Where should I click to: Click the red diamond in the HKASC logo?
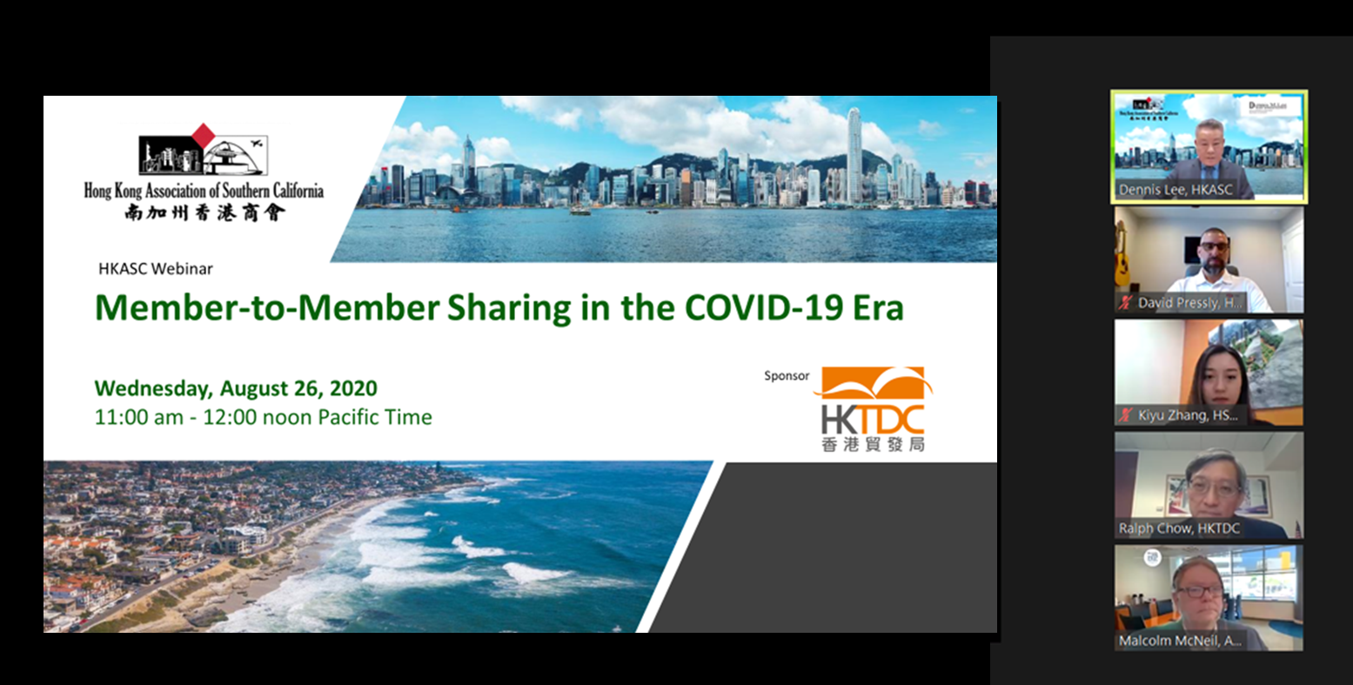(x=203, y=135)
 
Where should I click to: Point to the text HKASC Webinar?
(x=156, y=269)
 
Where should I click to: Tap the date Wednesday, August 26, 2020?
(x=236, y=388)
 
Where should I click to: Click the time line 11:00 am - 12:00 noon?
(x=263, y=417)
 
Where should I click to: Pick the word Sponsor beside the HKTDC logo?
(x=787, y=376)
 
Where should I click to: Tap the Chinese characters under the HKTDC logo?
(x=872, y=445)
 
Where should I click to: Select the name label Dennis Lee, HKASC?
(x=1176, y=190)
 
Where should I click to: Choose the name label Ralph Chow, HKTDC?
(x=1179, y=528)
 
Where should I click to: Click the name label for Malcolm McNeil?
(x=1180, y=641)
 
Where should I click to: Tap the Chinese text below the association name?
(x=204, y=211)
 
